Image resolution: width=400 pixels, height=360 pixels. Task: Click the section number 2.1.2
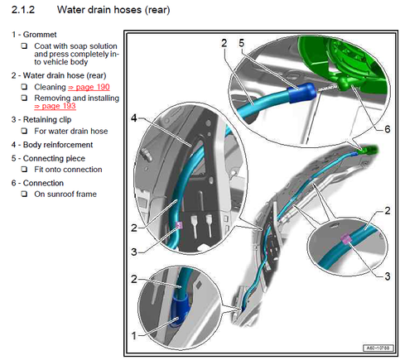tap(23, 10)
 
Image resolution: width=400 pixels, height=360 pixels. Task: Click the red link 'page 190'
tap(89, 87)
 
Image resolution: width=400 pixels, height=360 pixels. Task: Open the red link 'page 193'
tap(55, 106)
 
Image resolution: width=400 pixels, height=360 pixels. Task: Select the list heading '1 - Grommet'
tap(34, 35)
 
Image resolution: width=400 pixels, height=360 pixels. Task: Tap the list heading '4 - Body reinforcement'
tap(52, 145)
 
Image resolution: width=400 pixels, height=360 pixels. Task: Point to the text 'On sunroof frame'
tap(65, 194)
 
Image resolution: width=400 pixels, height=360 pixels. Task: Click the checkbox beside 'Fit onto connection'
tap(25, 169)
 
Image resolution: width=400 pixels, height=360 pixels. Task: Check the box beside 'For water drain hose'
tap(25, 131)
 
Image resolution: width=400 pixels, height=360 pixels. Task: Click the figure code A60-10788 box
tap(378, 348)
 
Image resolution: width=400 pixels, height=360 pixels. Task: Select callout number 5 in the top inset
tap(242, 43)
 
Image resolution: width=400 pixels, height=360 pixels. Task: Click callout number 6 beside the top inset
tap(388, 129)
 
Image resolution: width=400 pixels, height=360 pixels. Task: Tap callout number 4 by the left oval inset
tap(134, 118)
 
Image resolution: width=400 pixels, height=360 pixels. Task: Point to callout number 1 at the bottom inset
tap(134, 336)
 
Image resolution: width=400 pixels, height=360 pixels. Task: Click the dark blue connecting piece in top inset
tap(301, 92)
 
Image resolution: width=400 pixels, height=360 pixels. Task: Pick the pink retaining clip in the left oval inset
tap(179, 226)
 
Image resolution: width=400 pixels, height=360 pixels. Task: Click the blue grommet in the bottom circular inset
tap(180, 310)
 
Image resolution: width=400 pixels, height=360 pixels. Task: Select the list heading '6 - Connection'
tap(37, 183)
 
